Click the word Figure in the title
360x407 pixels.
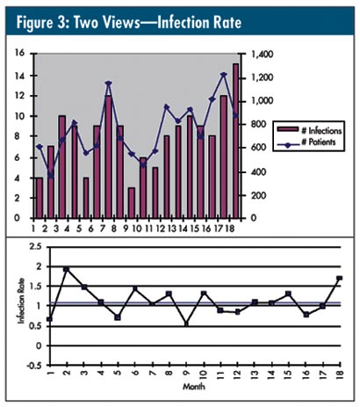pyautogui.click(x=32, y=23)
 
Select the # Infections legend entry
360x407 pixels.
pyautogui.click(x=309, y=130)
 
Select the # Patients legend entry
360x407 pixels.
pyautogui.click(x=306, y=142)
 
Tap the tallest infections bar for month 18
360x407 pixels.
pyautogui.click(x=236, y=141)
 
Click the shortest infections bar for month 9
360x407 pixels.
pyautogui.click(x=132, y=203)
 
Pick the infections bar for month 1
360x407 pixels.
pyautogui.click(x=40, y=198)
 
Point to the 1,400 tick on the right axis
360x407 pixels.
pyautogui.click(x=262, y=55)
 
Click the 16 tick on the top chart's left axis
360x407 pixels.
pyautogui.click(x=21, y=54)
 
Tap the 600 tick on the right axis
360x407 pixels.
pyautogui.click(x=258, y=148)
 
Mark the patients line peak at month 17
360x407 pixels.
pyautogui.click(x=224, y=75)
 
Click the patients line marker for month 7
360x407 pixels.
pyautogui.click(x=109, y=84)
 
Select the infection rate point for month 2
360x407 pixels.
pyautogui.click(x=67, y=269)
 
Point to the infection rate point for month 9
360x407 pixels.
pyautogui.click(x=186, y=323)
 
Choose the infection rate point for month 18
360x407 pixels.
pyautogui.click(x=340, y=278)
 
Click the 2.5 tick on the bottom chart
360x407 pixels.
pyautogui.click(x=36, y=247)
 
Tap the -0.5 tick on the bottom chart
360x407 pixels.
pyautogui.click(x=34, y=366)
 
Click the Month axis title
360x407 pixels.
pyautogui.click(x=194, y=387)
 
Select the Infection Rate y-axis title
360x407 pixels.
pyautogui.click(x=21, y=302)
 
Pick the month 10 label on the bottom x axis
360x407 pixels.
pyautogui.click(x=204, y=374)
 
